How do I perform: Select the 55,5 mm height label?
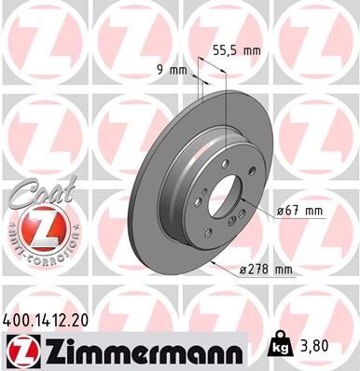pyautogui.click(x=238, y=52)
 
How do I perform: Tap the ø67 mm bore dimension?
pyautogui.click(x=298, y=211)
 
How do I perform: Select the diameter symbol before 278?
pyautogui.click(x=242, y=270)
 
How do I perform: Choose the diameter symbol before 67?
pyautogui.click(x=281, y=211)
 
